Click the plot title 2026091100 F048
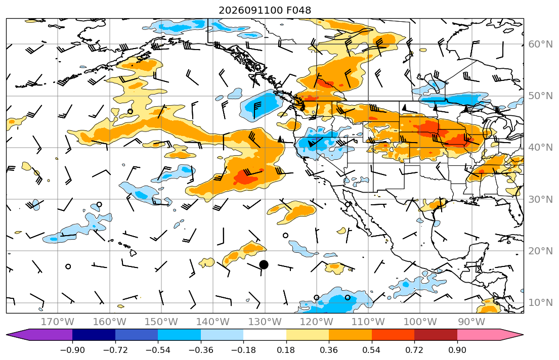point(265,10)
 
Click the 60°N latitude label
point(540,44)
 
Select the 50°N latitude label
point(540,96)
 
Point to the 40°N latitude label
point(540,147)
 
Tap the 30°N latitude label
point(540,199)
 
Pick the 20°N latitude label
point(540,251)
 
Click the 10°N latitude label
point(540,303)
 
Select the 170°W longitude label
point(58,322)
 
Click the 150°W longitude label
point(161,322)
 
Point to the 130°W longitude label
point(265,322)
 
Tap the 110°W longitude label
point(368,322)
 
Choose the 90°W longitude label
point(471,322)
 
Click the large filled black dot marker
point(264,264)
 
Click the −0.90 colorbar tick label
point(72,350)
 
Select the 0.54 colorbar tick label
point(371,350)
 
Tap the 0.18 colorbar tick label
point(286,350)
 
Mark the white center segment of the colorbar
point(265,335)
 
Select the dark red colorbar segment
point(436,335)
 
